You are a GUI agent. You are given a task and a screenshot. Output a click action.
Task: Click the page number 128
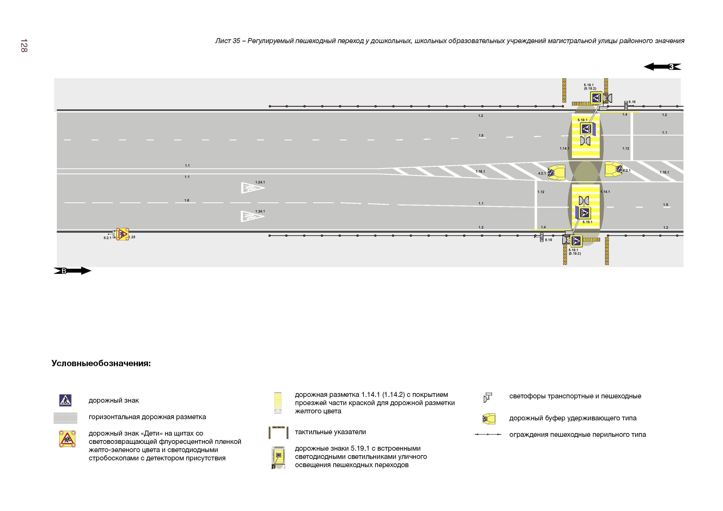coord(24,46)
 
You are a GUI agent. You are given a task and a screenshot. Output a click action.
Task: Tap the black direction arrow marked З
coord(662,67)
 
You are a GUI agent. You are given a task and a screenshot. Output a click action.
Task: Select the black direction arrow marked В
coord(72,271)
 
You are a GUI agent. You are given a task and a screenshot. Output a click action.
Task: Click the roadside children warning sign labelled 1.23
coord(122,234)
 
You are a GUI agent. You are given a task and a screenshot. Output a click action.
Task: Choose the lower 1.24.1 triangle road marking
coord(252,216)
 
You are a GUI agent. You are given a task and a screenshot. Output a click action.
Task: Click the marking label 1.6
coord(187,200)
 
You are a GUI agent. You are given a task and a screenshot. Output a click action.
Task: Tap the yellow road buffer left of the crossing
coord(556,172)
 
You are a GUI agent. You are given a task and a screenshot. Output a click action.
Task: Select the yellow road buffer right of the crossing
coord(613,169)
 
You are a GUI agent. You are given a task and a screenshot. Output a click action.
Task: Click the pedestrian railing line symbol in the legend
coord(488,435)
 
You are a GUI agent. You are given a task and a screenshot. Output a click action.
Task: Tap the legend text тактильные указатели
coord(330,432)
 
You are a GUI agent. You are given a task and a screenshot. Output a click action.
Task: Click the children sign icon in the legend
coord(67,439)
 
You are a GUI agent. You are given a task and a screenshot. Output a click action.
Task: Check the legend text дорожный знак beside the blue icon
coord(114,401)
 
